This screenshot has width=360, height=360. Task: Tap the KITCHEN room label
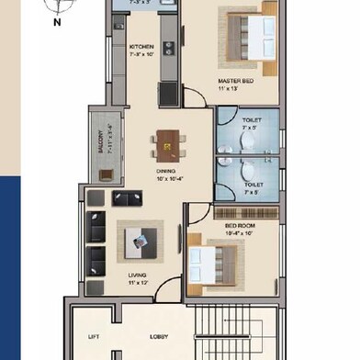(141, 47)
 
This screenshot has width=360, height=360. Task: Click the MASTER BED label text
(235, 81)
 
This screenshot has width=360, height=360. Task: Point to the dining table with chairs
(168, 143)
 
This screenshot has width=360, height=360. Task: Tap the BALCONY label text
(100, 143)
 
